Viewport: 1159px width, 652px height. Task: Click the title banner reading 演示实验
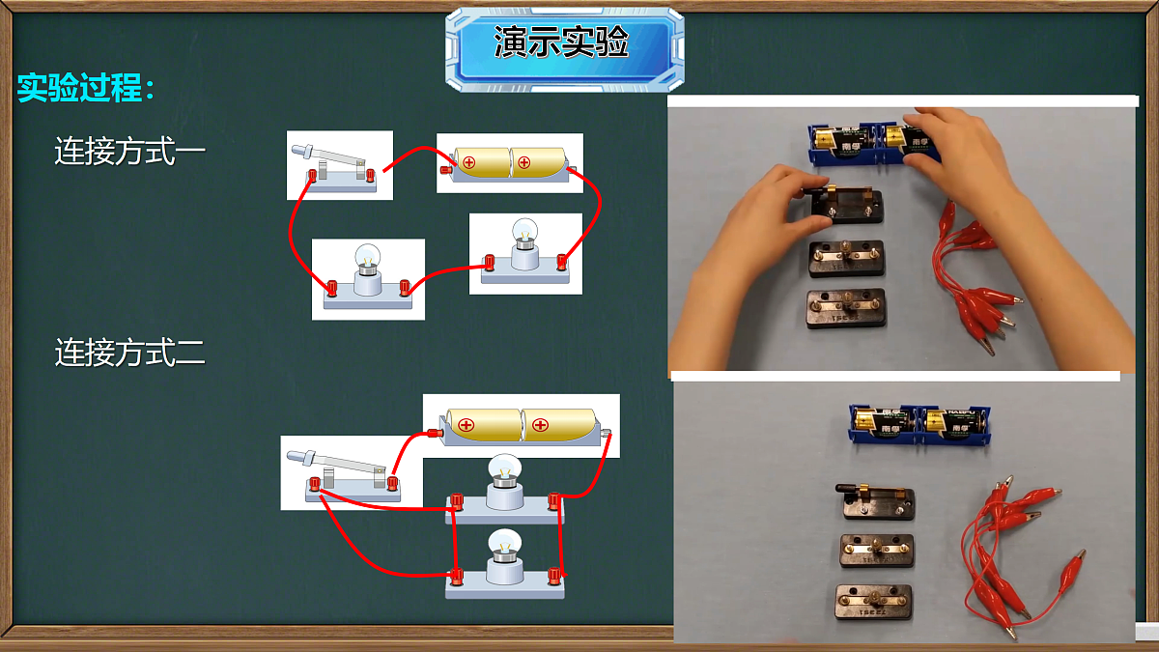(564, 49)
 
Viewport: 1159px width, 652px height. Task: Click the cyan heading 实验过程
(86, 88)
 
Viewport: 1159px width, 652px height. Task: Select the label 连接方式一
(130, 151)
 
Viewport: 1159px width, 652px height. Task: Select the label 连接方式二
(130, 353)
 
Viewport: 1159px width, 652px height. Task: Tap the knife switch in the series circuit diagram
(334, 168)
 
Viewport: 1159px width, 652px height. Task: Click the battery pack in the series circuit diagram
(510, 164)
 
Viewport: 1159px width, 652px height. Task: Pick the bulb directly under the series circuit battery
(524, 251)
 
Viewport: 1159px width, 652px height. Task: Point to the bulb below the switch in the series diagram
(368, 277)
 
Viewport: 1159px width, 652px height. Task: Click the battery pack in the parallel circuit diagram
(523, 426)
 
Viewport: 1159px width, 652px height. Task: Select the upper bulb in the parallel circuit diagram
(504, 489)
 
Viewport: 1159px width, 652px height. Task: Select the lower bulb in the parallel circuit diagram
(504, 563)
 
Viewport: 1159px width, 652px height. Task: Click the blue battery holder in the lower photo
(919, 425)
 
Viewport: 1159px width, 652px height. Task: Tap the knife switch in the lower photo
(875, 501)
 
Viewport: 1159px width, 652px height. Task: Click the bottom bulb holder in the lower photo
(874, 602)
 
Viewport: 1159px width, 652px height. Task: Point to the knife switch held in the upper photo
(842, 205)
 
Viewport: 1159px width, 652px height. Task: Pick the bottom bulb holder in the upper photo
(846, 308)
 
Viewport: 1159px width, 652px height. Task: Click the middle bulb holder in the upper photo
(846, 258)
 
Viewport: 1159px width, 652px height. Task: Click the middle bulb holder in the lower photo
(877, 551)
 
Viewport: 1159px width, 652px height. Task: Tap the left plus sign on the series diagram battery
(468, 162)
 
